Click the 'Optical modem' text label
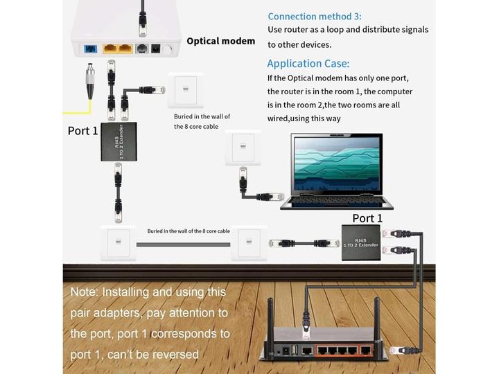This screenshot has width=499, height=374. [x=220, y=41]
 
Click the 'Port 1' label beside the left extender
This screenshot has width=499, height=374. [x=82, y=130]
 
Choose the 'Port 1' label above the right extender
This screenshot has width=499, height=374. [x=367, y=218]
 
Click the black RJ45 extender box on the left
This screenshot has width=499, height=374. [x=119, y=142]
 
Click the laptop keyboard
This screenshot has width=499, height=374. [x=336, y=202]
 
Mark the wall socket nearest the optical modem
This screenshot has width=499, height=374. [x=185, y=90]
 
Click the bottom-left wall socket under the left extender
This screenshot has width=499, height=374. [x=119, y=242]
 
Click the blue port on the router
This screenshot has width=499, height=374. [x=306, y=350]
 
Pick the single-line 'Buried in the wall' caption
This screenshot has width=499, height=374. [x=188, y=231]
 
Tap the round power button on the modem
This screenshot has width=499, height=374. [x=167, y=49]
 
